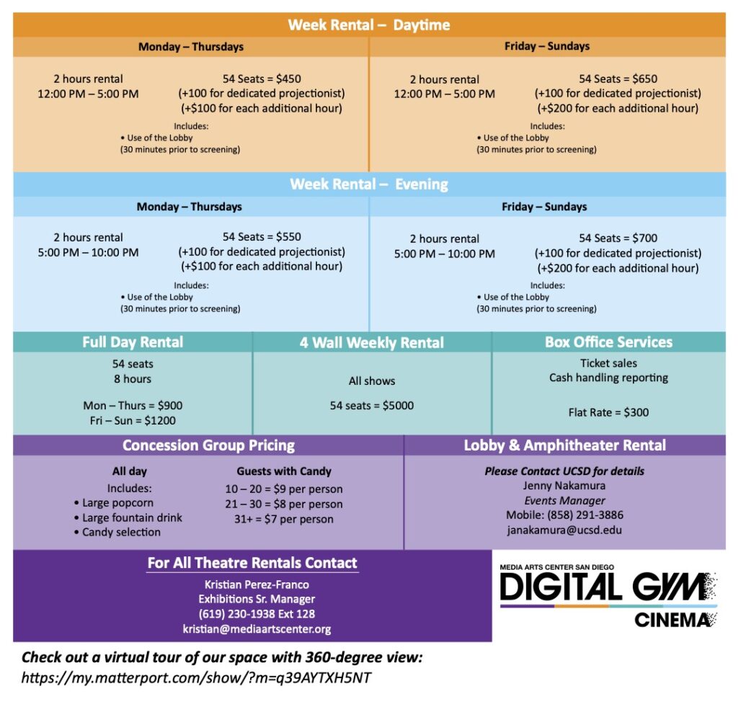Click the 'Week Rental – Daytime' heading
369,25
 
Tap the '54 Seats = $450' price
262,79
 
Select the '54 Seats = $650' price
618,79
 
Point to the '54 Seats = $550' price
262,236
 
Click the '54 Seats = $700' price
618,238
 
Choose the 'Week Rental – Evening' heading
369,185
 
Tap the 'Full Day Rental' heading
133,342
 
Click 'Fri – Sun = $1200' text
133,420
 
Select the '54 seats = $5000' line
372,405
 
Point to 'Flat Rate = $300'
608,412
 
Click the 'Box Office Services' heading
608,342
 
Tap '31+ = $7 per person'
284,519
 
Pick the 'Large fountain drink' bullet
131,517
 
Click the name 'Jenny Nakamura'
564,486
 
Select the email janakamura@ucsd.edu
564,530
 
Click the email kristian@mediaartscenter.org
257,629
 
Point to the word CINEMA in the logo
672,620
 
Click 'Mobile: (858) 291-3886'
564,515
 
